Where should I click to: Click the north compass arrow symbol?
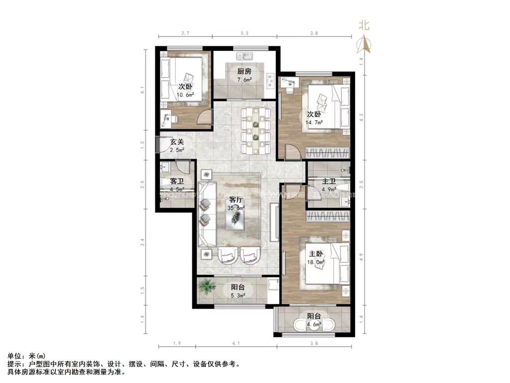pyautogui.click(x=366, y=45)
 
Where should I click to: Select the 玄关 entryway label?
pyautogui.click(x=177, y=142)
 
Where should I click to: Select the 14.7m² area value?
pyautogui.click(x=315, y=121)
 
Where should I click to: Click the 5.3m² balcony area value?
pyautogui.click(x=238, y=295)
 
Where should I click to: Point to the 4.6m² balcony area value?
pyautogui.click(x=314, y=324)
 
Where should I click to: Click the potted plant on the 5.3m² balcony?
pyautogui.click(x=206, y=287)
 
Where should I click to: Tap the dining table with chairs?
pyautogui.click(x=255, y=131)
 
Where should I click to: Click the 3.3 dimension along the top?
pyautogui.click(x=244, y=33)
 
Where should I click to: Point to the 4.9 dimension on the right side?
pyautogui.click(x=362, y=257)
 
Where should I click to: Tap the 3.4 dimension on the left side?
pyautogui.click(x=142, y=243)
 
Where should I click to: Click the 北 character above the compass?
pyautogui.click(x=365, y=25)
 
